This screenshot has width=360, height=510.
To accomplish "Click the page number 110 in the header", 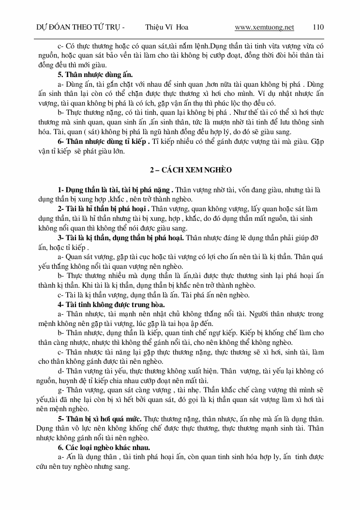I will (318, 27).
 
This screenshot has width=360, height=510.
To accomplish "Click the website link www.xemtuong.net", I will (264, 27).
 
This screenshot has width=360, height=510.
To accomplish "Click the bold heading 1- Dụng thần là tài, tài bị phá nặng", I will (115, 189).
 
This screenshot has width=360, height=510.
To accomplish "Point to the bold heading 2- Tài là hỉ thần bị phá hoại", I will (104, 209).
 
